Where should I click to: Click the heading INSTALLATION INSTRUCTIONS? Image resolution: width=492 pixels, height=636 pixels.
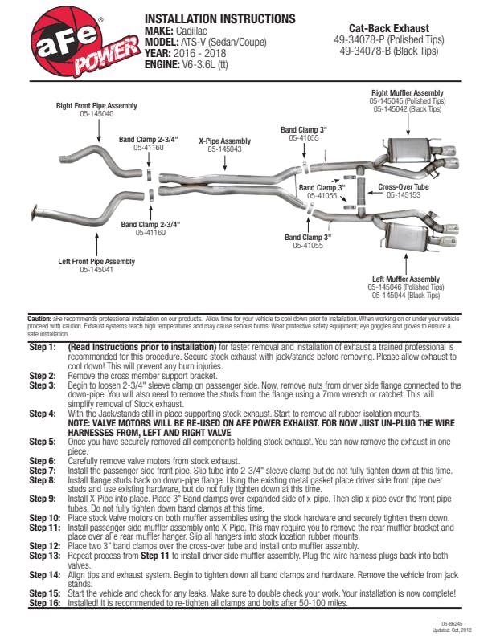pos(220,18)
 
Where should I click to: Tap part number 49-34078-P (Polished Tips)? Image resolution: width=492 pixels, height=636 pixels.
pos(389,40)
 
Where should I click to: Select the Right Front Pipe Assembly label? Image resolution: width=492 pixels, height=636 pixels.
pos(96,105)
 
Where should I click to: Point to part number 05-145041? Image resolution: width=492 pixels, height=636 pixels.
pos(96,270)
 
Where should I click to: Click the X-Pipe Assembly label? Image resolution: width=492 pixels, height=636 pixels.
pos(225,141)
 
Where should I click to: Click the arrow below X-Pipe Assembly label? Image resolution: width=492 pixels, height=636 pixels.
pos(225,163)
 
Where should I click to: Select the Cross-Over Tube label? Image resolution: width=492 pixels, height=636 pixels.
pos(404,187)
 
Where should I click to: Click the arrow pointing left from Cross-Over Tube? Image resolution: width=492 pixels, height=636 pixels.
pos(375,193)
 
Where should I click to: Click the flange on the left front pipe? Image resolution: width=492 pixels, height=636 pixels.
pos(34,213)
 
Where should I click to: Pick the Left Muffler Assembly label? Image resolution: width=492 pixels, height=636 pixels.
pos(406,279)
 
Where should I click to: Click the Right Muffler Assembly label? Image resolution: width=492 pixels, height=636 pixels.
pos(408,93)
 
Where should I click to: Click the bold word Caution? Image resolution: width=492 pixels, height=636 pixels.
pos(39,319)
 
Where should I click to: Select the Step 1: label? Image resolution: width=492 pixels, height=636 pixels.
pos(43,347)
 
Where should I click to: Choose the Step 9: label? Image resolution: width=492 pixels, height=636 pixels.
pos(43,499)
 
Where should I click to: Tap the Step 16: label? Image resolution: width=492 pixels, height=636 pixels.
pos(45,603)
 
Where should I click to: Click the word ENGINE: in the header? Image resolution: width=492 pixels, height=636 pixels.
pos(162,64)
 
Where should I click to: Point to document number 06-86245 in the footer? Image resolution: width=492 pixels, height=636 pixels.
pos(452,624)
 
